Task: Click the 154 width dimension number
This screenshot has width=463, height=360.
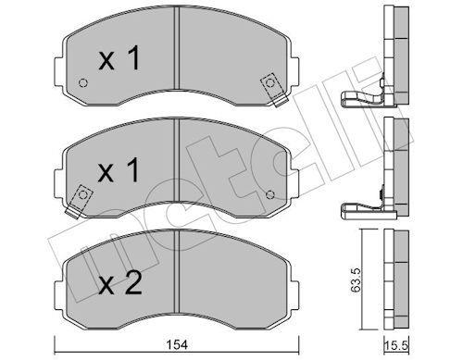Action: (178, 345)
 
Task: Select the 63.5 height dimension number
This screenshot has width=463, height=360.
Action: (356, 280)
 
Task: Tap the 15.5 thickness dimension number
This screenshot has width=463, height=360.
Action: (396, 345)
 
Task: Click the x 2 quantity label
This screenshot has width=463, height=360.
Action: (119, 283)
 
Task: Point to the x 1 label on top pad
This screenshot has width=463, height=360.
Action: (119, 57)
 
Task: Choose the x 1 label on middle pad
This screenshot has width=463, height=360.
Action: (119, 169)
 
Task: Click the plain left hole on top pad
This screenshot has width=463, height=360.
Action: (83, 83)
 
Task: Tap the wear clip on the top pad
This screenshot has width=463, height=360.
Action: (272, 89)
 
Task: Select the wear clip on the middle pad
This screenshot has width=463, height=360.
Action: (79, 201)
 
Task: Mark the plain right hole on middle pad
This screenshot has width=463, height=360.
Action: (270, 194)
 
